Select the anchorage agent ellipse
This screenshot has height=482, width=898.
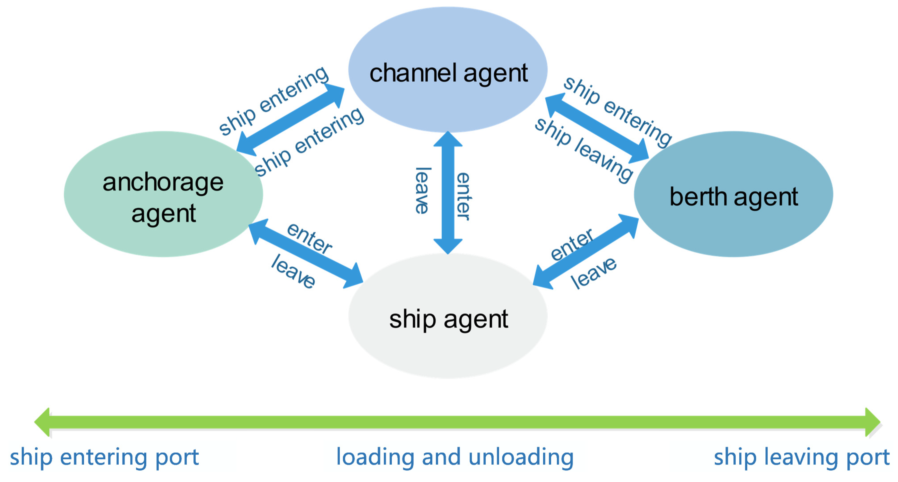point(163,194)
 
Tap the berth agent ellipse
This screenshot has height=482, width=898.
point(733,194)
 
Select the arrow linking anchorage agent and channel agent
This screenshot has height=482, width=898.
point(290,120)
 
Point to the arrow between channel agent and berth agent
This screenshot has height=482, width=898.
point(597,128)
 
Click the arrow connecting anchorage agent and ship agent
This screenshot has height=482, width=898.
point(305,254)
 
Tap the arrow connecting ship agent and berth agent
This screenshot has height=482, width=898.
point(586,252)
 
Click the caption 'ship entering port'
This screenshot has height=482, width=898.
point(104,457)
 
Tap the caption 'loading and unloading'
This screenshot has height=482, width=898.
point(454,457)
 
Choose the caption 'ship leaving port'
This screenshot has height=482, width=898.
point(802,457)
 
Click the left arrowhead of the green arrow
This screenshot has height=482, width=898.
point(42,422)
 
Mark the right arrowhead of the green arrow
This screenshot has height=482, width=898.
point(873,422)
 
